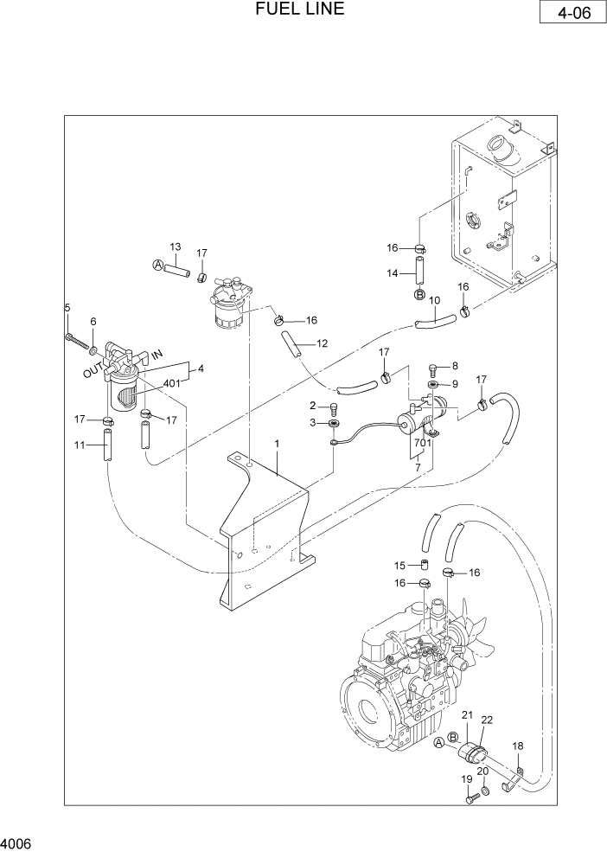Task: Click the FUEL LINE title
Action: point(300,10)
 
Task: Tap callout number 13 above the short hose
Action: point(174,247)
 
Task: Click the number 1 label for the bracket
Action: point(277,445)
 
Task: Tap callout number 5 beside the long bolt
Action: point(67,308)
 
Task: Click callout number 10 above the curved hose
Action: point(434,301)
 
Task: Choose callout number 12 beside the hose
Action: point(322,343)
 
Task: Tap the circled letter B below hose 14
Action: point(419,295)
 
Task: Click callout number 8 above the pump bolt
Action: point(455,366)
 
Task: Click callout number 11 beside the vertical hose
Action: point(80,445)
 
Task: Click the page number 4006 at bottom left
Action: point(17,842)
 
